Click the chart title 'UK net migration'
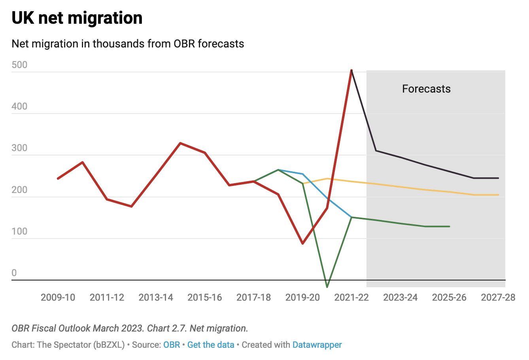click(77, 18)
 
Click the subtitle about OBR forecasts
click(128, 44)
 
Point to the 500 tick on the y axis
click(19, 65)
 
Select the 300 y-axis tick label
click(19, 148)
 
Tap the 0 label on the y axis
click(14, 273)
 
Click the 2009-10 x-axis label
click(58, 297)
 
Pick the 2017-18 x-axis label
click(253, 297)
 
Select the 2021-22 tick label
click(351, 297)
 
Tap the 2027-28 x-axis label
click(498, 297)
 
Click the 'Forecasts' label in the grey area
click(426, 89)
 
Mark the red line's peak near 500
click(351, 70)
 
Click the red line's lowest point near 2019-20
click(302, 243)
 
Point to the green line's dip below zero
click(327, 286)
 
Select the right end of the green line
click(449, 226)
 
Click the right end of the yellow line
click(498, 195)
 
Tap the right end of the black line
click(498, 178)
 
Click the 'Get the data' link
click(211, 345)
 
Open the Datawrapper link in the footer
click(317, 345)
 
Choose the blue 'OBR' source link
click(172, 345)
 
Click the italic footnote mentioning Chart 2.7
click(130, 328)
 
